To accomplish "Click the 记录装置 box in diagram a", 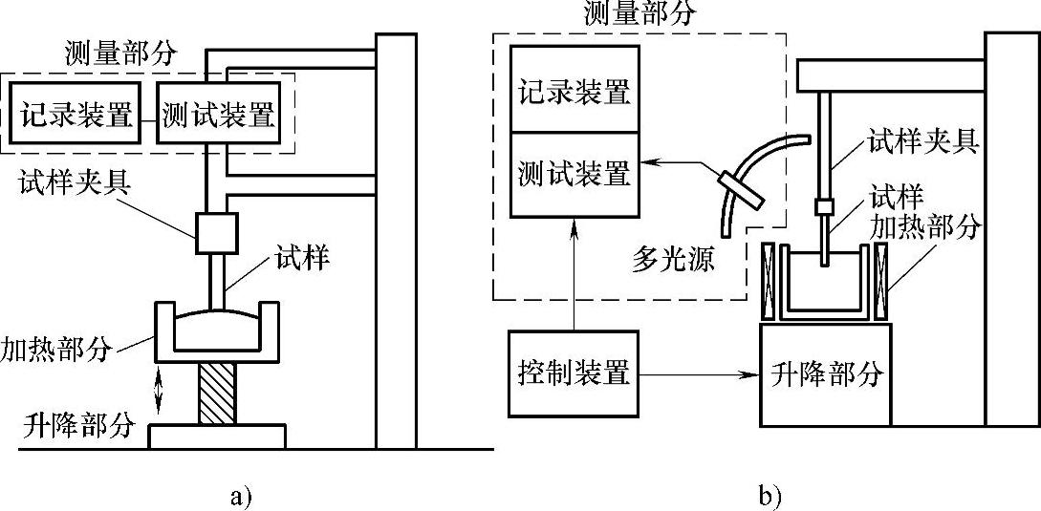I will tap(75, 116).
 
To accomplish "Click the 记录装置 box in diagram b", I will tap(574, 93).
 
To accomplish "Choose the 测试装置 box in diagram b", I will tap(574, 173).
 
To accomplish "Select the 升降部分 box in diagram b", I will tap(825, 374).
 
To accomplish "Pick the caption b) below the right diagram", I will tap(770, 495).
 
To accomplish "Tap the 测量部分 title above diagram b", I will tap(627, 13).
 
